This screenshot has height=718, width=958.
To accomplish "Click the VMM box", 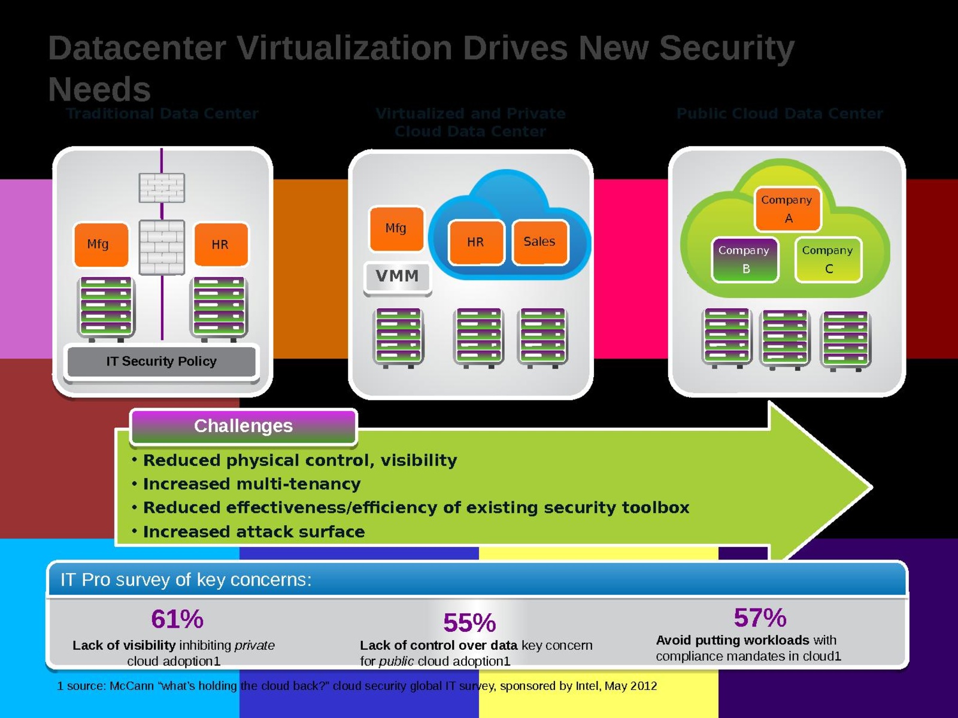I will [x=397, y=276].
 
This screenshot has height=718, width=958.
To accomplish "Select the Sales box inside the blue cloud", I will [x=539, y=242].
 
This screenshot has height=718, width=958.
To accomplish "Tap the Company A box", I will [x=787, y=209].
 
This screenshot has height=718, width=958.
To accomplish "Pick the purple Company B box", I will [x=744, y=260].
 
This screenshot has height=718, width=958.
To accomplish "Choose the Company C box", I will [x=827, y=260].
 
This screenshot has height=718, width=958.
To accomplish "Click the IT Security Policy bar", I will [x=162, y=361].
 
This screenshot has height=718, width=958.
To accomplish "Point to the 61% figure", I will [x=177, y=619].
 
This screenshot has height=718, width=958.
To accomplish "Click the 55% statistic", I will [x=469, y=623].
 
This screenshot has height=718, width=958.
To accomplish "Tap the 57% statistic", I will [x=760, y=617].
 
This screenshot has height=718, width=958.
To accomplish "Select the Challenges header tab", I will [x=243, y=426].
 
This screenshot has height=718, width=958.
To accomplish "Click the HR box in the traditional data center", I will [x=220, y=244].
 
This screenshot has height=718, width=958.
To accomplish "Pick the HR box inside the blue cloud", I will [x=475, y=242].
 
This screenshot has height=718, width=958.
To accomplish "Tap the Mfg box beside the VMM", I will [x=396, y=228].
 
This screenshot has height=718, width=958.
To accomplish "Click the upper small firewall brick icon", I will [x=162, y=188].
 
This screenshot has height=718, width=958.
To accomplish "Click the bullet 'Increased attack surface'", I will [x=254, y=532].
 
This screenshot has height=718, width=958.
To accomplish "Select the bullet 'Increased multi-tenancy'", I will [x=251, y=484].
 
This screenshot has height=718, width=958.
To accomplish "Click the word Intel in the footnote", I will [x=587, y=686].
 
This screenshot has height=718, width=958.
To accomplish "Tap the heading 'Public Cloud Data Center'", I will [x=780, y=114].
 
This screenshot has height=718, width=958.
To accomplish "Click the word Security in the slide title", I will [x=726, y=48].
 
